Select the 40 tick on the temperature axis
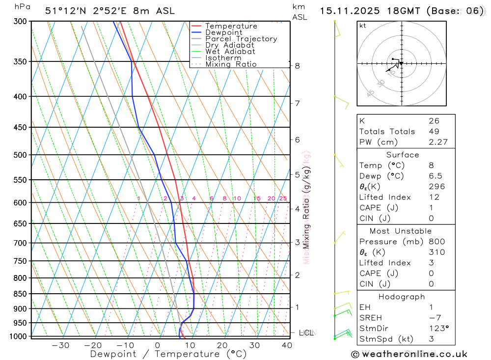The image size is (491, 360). coord(287,345)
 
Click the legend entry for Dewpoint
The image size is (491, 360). coord(223,32)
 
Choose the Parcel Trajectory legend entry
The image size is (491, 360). coord(241,39)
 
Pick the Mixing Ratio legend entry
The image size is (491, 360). coord(231,64)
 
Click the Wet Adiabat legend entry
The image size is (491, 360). coord(230,52)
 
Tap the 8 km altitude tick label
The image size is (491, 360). coord(298,66)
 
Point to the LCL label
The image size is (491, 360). coord(306,332)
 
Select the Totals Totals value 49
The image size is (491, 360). coord(434,132)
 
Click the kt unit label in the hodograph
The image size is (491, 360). coord(363,26)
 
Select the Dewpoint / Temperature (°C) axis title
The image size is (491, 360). coord(168,354)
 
